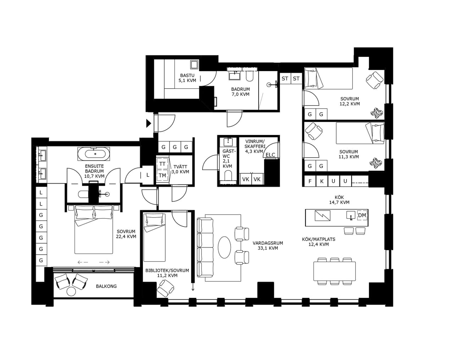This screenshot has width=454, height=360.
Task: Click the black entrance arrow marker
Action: click(x=149, y=124)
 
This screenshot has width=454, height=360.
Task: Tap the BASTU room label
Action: click(x=187, y=75)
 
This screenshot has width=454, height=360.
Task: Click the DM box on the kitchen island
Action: click(x=362, y=216)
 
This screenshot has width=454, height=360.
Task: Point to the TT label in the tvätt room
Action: click(x=162, y=164)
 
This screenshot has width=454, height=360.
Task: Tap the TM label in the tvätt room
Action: click(x=162, y=175)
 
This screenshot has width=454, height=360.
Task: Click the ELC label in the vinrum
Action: click(x=270, y=155)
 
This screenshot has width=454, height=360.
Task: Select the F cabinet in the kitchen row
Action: click(x=310, y=181)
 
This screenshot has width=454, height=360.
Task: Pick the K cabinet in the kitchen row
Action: click(x=322, y=181)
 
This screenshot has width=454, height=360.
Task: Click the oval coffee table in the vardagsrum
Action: click(x=224, y=247)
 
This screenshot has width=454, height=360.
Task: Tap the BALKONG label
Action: click(x=106, y=286)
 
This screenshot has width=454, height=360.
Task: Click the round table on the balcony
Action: click(x=71, y=291)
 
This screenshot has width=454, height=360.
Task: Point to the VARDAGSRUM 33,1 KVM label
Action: click(x=268, y=246)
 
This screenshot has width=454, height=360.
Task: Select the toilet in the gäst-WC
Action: click(x=228, y=176)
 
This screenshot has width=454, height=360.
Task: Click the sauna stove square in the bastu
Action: click(x=194, y=64)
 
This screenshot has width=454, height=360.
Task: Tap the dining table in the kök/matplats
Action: click(x=334, y=271)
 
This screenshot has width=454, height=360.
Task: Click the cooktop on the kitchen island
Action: click(x=322, y=216)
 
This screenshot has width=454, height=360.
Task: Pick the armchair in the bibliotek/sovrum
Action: click(x=165, y=288)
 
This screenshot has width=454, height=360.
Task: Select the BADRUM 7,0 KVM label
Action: click(x=240, y=92)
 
